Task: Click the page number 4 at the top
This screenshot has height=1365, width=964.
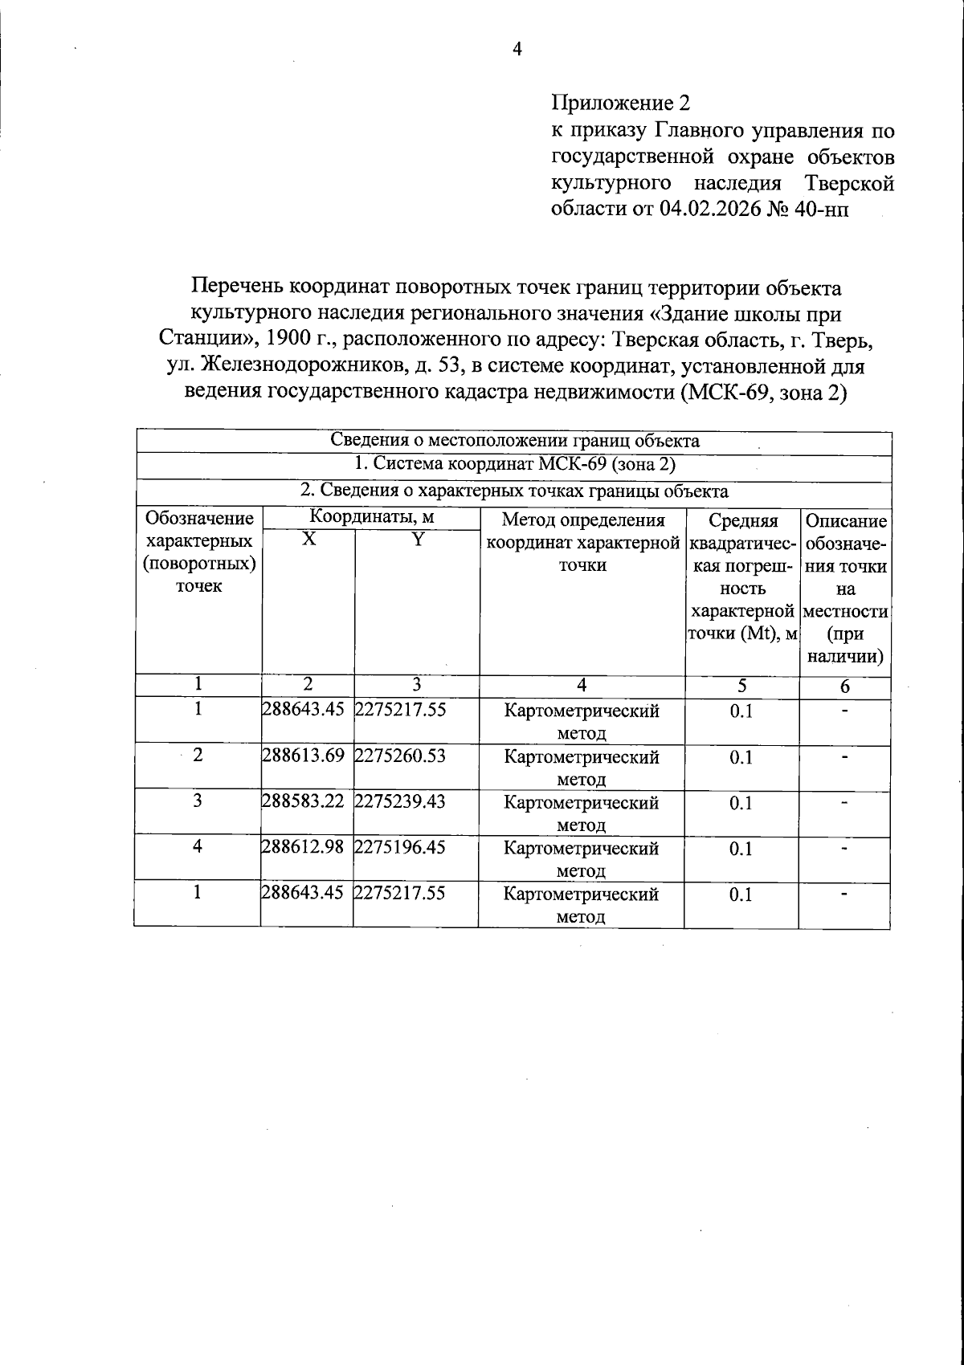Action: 517,50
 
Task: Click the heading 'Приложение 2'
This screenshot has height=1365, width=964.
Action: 620,104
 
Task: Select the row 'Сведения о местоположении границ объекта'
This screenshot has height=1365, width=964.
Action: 514,441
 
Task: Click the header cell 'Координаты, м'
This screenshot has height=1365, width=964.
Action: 371,518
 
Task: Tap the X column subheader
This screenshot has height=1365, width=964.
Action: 308,540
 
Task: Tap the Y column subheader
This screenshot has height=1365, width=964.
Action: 417,540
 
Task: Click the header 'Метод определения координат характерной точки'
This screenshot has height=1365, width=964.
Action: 582,542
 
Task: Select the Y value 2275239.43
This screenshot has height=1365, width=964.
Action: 400,802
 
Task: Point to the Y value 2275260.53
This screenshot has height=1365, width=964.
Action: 400,756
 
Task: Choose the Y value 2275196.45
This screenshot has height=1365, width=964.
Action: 400,848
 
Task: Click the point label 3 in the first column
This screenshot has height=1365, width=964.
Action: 198,801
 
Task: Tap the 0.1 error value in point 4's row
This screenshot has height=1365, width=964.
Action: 741,849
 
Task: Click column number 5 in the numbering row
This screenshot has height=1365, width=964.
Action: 741,686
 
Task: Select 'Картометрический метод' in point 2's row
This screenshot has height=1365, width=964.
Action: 581,768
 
